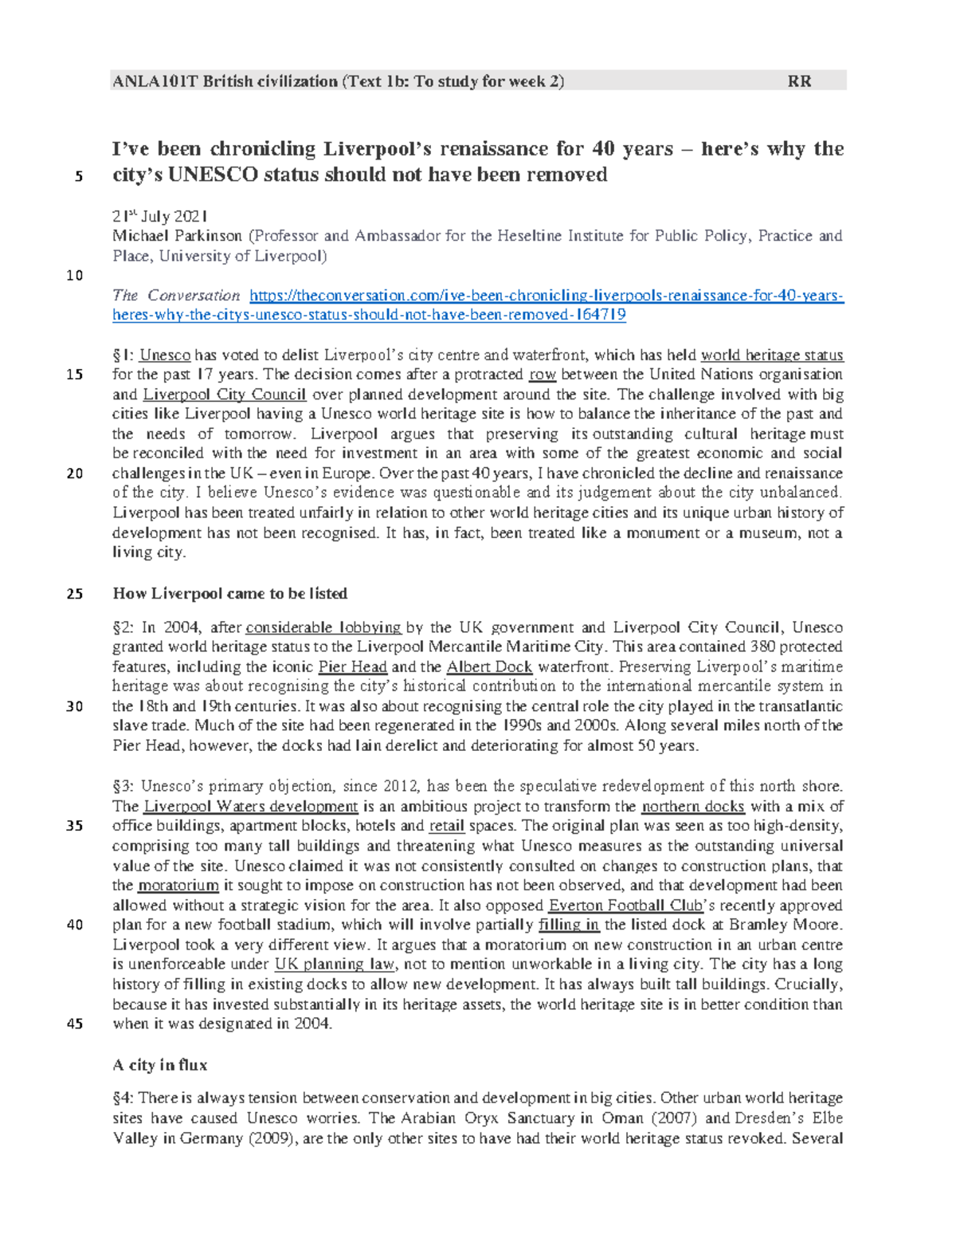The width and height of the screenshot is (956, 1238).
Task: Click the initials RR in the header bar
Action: (799, 81)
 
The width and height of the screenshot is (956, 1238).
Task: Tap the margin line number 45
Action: (75, 1024)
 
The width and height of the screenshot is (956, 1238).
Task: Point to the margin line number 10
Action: (75, 276)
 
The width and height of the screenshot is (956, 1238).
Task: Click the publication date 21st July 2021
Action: (159, 216)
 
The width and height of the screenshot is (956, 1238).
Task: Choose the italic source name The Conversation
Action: (176, 296)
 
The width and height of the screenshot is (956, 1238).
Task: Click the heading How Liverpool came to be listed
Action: (230, 594)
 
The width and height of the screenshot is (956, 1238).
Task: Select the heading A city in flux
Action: (160, 1065)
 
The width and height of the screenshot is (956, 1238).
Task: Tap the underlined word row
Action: (543, 375)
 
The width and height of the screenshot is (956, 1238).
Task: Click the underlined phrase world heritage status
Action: (771, 356)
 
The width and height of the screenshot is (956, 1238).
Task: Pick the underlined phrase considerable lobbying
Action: (323, 627)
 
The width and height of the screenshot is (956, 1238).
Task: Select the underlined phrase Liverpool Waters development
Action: (250, 807)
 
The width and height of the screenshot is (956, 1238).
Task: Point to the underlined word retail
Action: (447, 826)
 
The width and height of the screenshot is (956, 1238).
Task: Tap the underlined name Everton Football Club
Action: (625, 906)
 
